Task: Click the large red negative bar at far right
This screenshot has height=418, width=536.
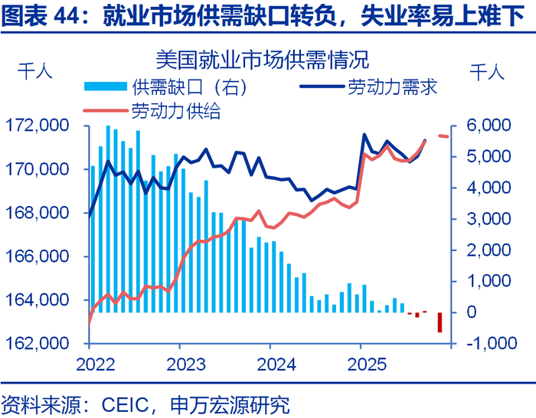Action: point(440,322)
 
